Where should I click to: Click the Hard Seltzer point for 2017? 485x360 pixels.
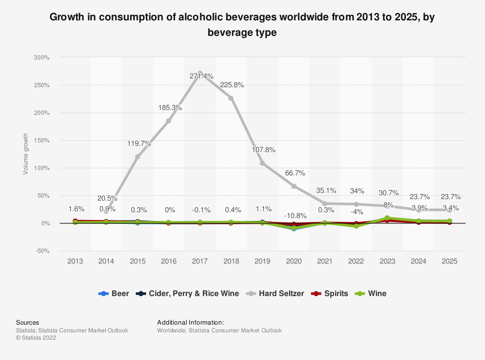tap(200, 73)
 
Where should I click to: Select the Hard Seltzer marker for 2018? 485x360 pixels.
tap(231, 98)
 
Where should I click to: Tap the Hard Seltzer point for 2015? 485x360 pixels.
tap(138, 157)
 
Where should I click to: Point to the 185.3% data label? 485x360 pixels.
tap(170, 108)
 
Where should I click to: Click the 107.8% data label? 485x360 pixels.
tap(263, 150)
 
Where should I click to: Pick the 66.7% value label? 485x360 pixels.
tap(294, 173)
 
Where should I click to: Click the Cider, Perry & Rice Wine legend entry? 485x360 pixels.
tap(189, 293)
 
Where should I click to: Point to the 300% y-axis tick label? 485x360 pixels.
tap(41, 58)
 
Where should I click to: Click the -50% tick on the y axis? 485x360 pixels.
tap(41, 251)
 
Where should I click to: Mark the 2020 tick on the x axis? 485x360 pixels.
tap(293, 261)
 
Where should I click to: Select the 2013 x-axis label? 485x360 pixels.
tap(75, 261)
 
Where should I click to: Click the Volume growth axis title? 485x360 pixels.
tap(26, 154)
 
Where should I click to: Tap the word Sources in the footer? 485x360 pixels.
tap(27, 322)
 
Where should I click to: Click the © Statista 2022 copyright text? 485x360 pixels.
tap(36, 338)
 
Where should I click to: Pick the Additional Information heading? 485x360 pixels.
tap(191, 322)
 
